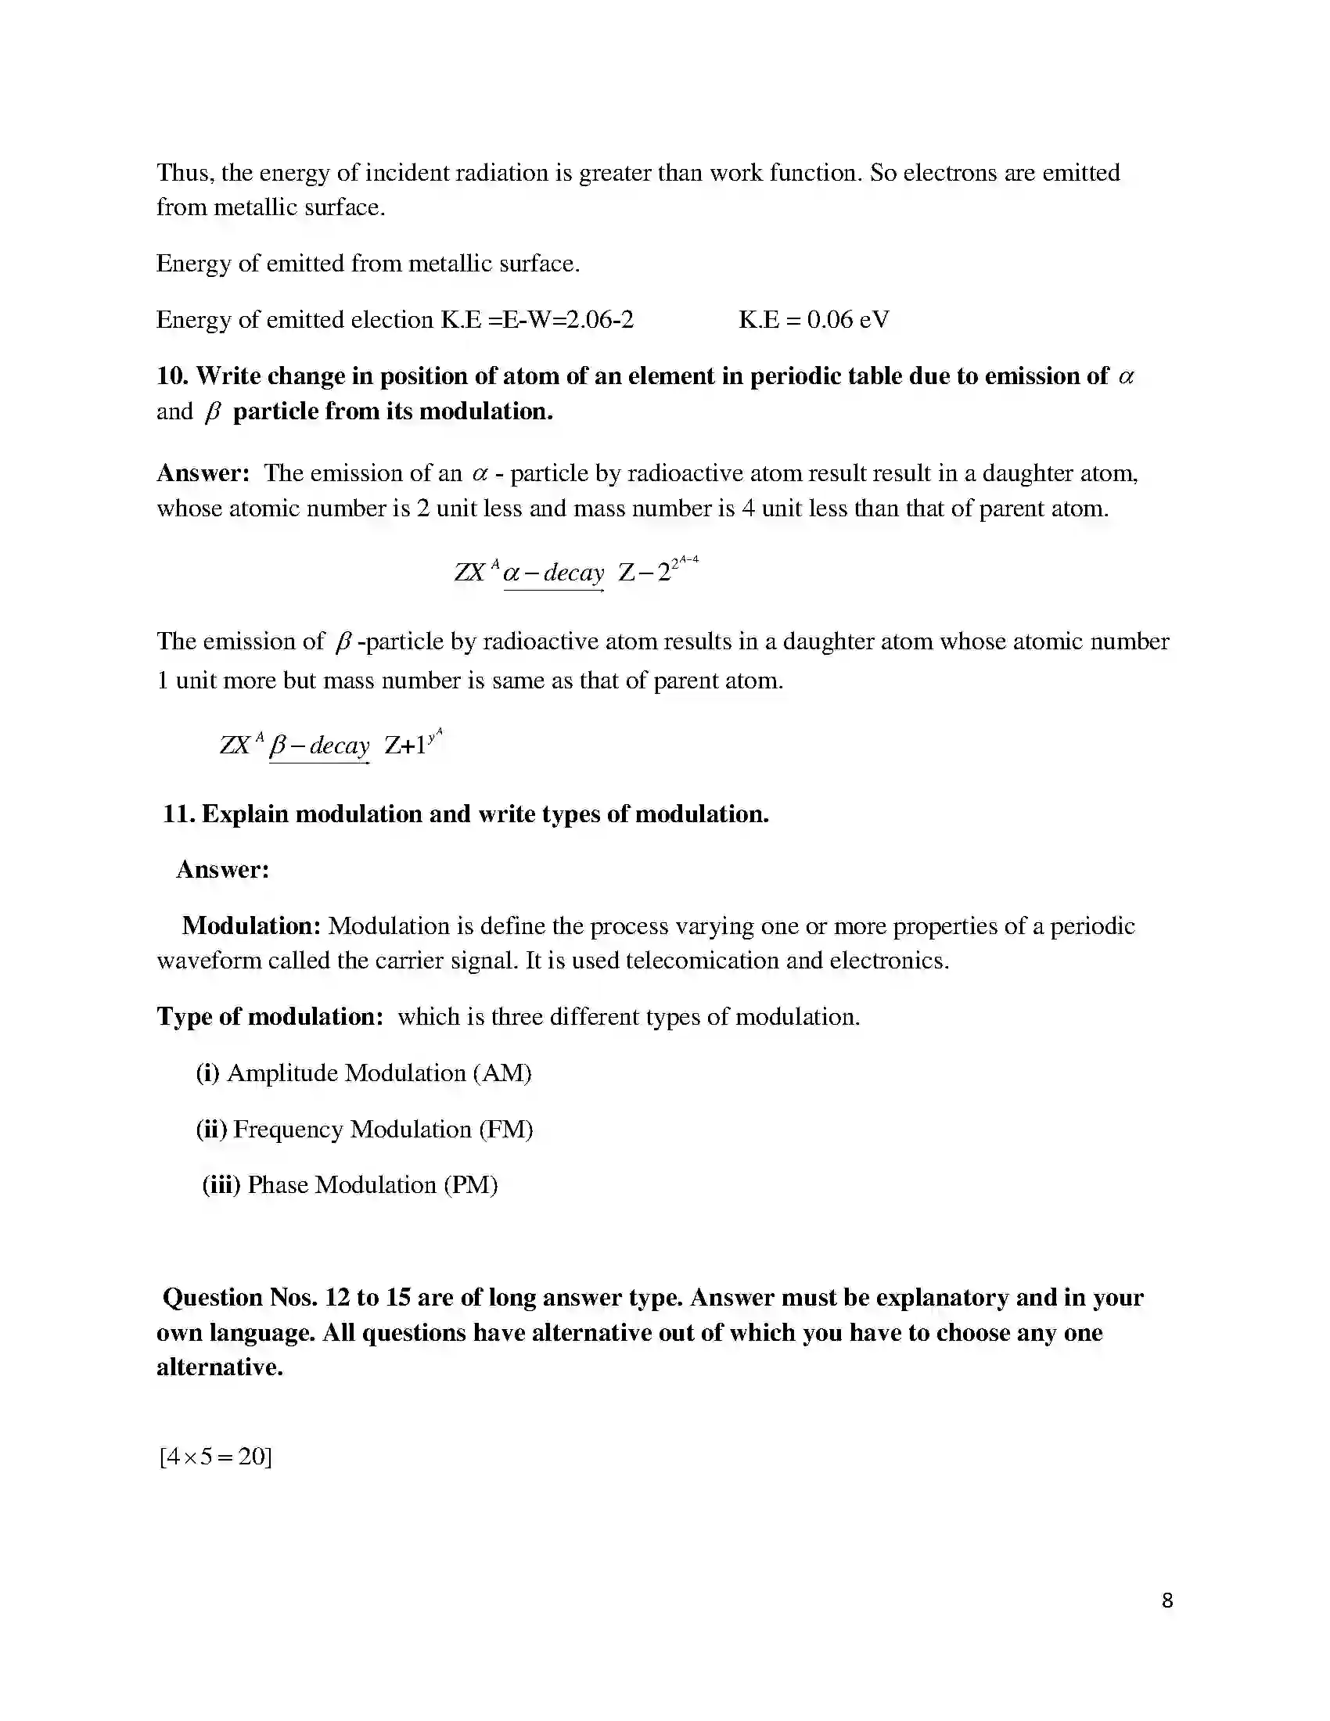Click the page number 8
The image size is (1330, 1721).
tap(1167, 1601)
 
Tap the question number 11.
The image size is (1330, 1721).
tap(179, 814)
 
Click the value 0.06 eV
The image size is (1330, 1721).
tap(848, 320)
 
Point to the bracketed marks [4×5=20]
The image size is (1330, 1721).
tap(215, 1457)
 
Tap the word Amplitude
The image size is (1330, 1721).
tap(282, 1073)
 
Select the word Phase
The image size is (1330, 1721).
tap(278, 1185)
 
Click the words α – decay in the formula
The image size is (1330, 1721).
tap(553, 572)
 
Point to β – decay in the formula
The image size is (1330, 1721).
tap(319, 746)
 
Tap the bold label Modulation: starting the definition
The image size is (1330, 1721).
tap(251, 926)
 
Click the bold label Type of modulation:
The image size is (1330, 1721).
tap(269, 1017)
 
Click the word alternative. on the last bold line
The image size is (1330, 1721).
tap(219, 1367)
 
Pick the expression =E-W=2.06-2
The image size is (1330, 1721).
tap(561, 320)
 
